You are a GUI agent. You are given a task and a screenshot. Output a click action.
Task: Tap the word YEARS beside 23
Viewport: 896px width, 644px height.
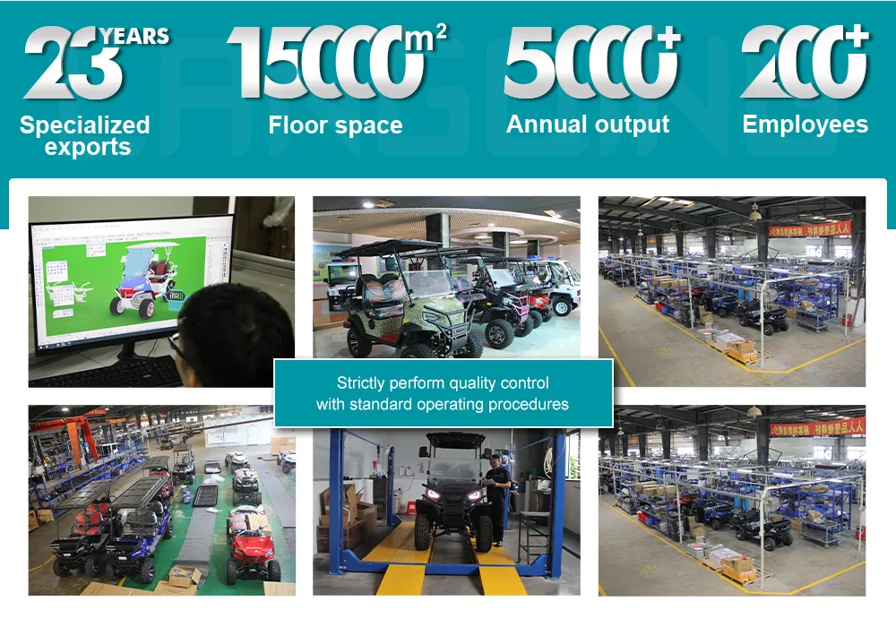134,37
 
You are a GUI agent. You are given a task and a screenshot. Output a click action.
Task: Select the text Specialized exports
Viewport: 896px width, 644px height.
85,136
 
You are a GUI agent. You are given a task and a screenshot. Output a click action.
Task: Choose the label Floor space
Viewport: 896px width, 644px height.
335,125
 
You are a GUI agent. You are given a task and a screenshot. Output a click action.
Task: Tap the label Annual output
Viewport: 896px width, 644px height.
588,125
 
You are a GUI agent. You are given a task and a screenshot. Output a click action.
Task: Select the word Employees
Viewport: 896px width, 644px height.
805,125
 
